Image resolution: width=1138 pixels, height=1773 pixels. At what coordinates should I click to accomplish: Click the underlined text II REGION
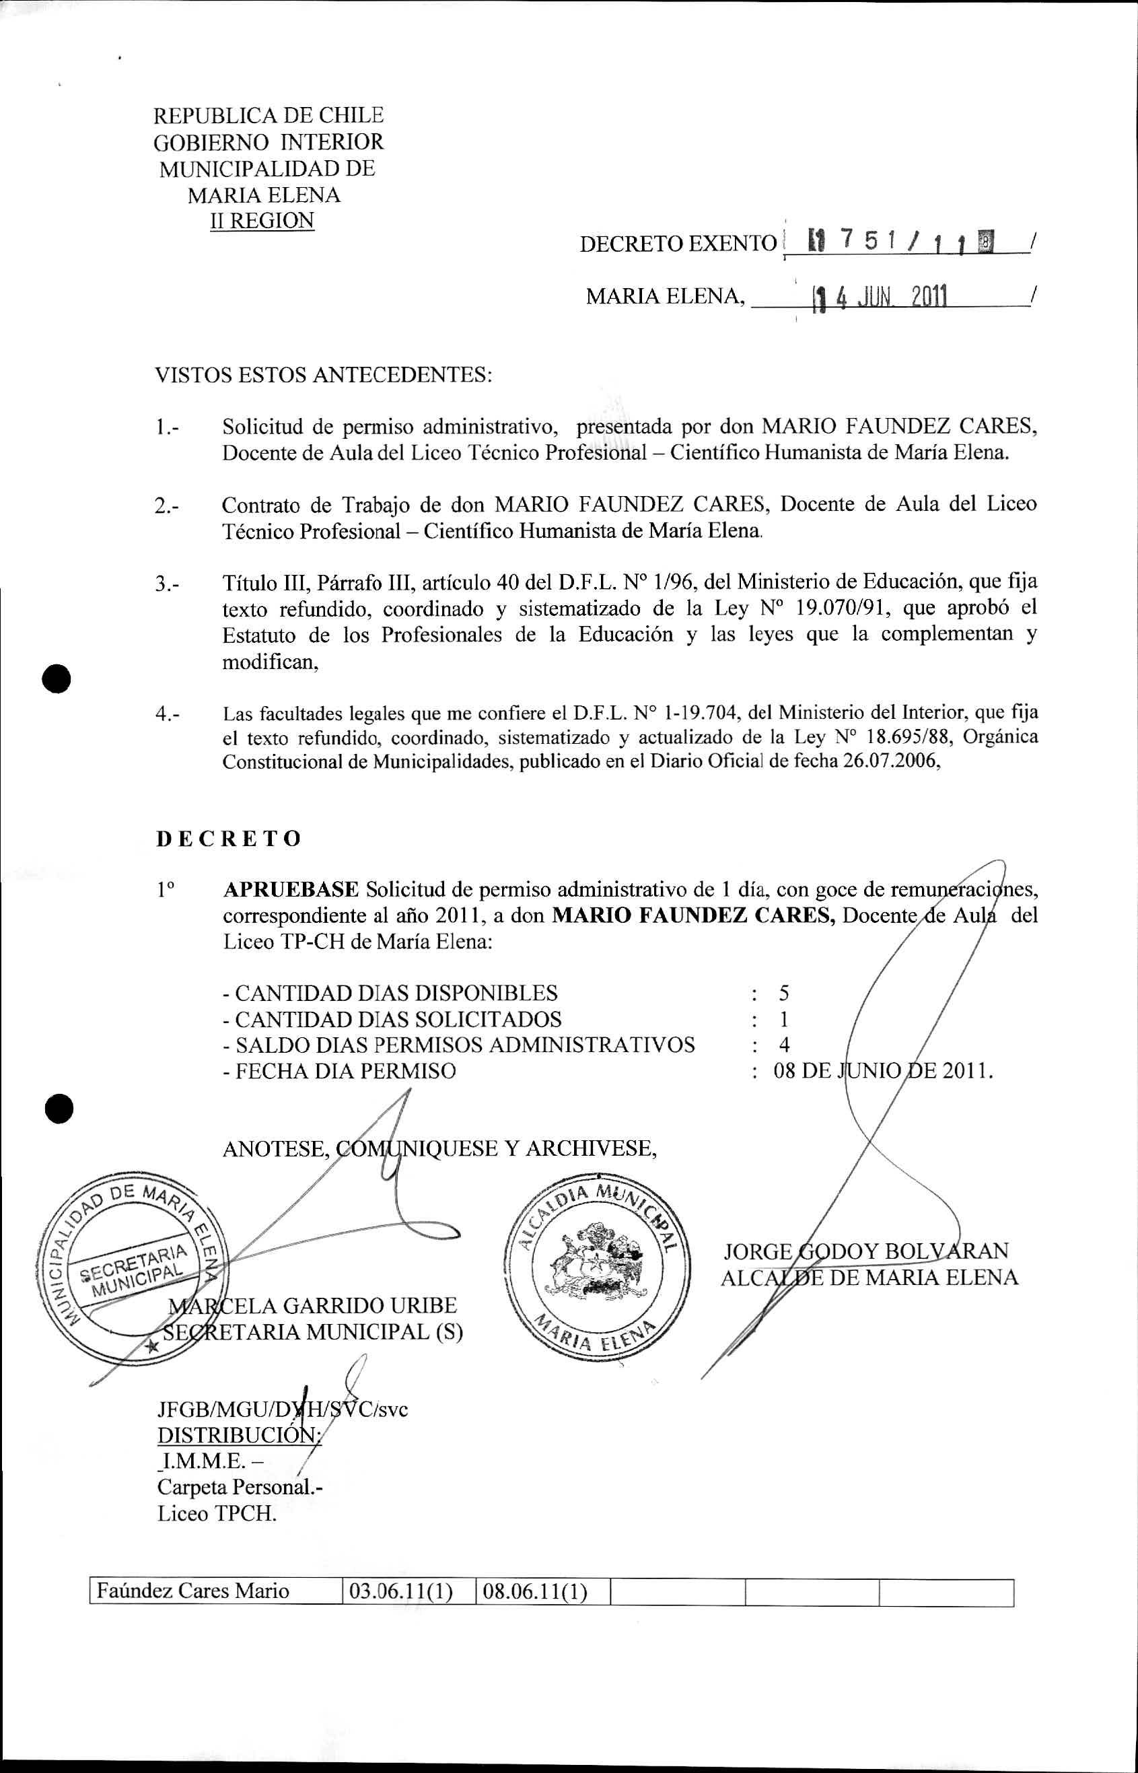pyautogui.click(x=262, y=221)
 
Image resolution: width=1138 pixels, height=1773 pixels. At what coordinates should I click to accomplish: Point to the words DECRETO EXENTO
pyautogui.click(x=678, y=244)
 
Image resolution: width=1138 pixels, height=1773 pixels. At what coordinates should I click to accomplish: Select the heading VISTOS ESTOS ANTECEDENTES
pyautogui.click(x=323, y=375)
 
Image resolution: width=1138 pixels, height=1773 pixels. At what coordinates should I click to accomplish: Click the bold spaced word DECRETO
pyautogui.click(x=229, y=839)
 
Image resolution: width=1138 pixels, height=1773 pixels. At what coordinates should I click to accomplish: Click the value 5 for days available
pyautogui.click(x=784, y=993)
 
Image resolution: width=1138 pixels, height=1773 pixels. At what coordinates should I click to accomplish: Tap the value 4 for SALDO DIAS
pyautogui.click(x=784, y=1044)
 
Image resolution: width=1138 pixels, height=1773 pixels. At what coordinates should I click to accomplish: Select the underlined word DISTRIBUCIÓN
pyautogui.click(x=238, y=1434)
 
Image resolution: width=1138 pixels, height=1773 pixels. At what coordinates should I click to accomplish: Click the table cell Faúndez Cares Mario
pyautogui.click(x=194, y=1591)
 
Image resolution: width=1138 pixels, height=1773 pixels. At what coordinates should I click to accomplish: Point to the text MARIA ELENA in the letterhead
pyautogui.click(x=263, y=195)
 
